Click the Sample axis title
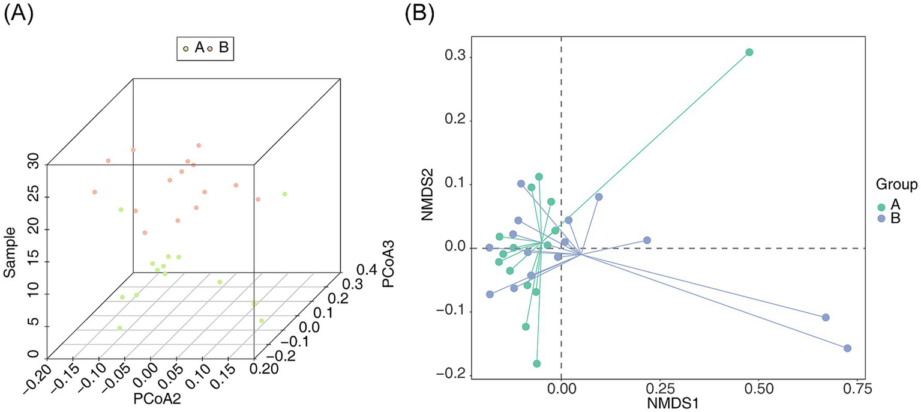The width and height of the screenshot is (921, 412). [10, 256]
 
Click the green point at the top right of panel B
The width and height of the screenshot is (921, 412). [749, 52]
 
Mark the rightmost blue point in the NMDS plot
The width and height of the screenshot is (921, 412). [848, 348]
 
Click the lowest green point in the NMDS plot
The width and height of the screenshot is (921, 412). [537, 363]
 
